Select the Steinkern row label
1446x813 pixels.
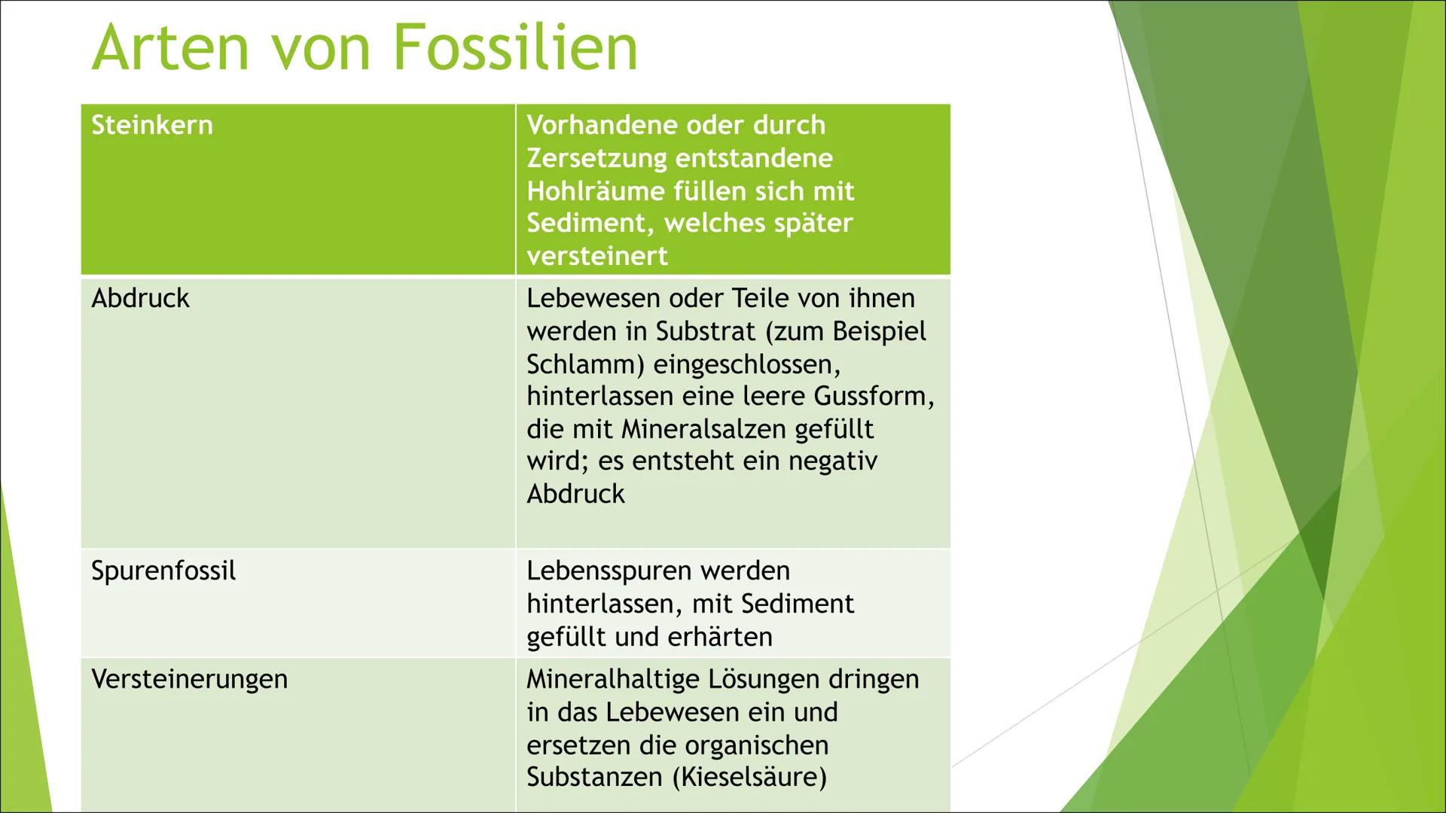coord(152,125)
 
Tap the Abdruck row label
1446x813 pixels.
coord(140,298)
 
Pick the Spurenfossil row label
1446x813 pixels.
coord(163,571)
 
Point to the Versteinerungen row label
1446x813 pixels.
coord(189,679)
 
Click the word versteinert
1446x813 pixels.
coord(597,256)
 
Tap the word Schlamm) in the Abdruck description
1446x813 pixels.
coord(586,364)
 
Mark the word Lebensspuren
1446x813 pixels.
coord(606,571)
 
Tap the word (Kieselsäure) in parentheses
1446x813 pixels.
coord(750,777)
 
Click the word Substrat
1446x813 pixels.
coord(705,331)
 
